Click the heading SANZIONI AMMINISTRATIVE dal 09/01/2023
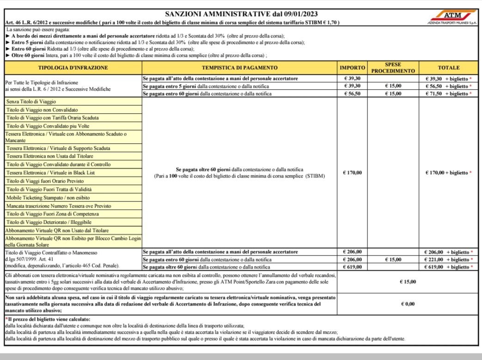241,14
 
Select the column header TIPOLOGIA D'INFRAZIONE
73,67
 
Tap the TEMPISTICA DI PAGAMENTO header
239,67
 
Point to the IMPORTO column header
352,67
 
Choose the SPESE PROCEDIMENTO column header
393,67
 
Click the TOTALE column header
448,67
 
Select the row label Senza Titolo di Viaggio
30,101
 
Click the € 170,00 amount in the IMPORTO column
352,173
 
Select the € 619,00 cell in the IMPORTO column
352,267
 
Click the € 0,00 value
407,304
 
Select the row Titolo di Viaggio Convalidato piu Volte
48,126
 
